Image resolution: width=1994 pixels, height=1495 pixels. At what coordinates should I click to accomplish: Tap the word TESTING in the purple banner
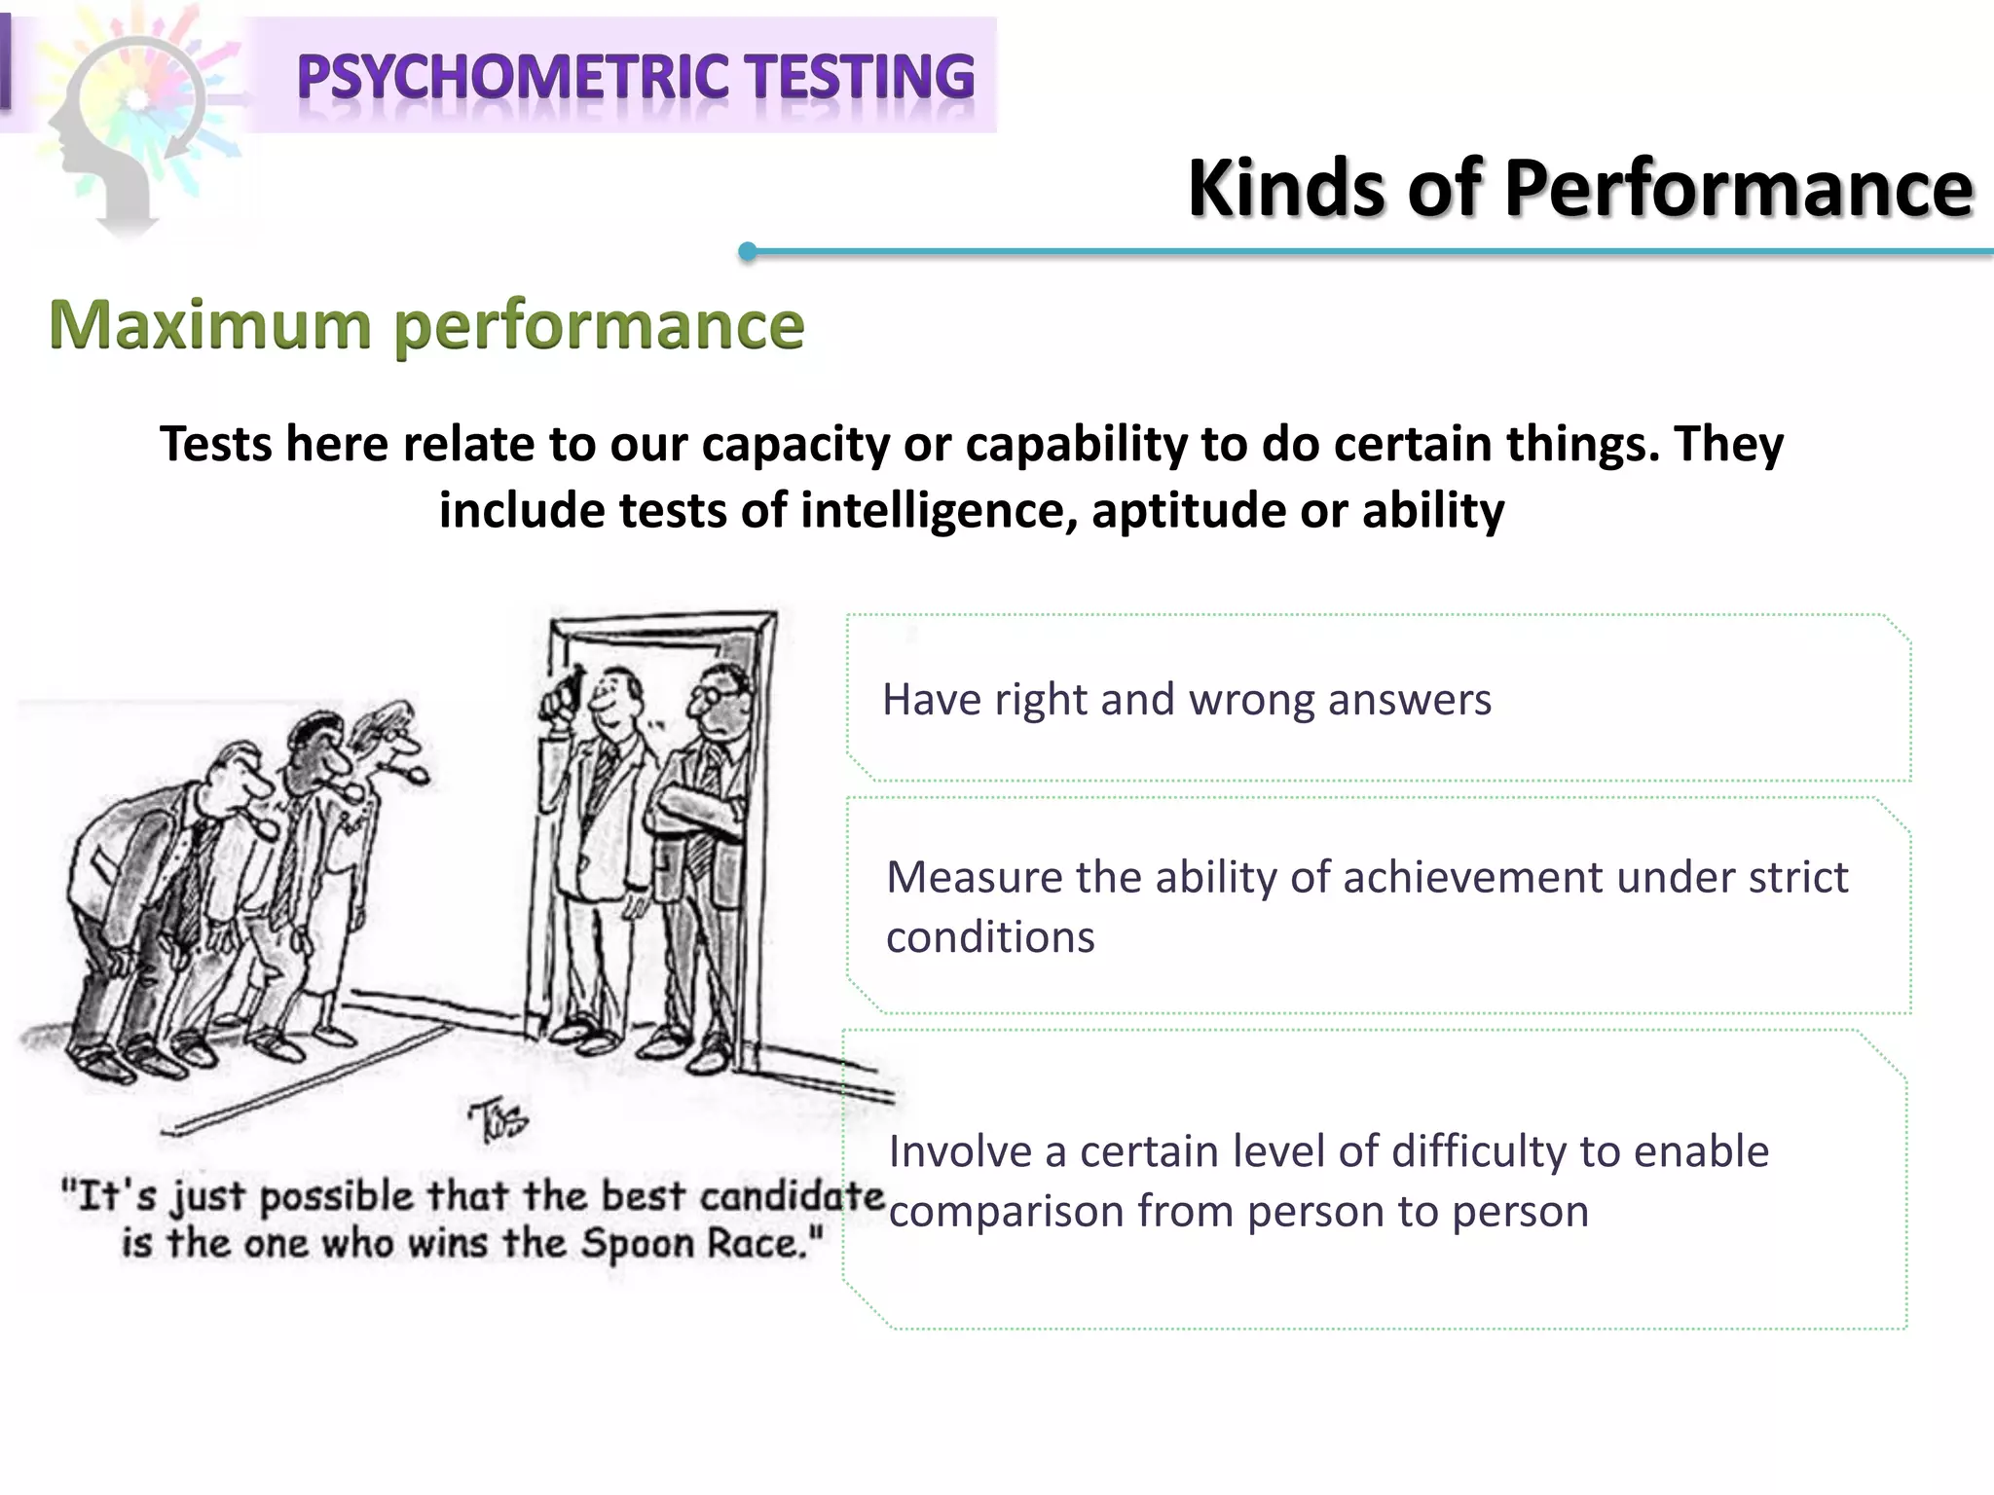861,78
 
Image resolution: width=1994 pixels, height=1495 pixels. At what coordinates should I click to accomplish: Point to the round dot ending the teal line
748,252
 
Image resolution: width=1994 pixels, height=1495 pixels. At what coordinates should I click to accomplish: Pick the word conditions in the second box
990,937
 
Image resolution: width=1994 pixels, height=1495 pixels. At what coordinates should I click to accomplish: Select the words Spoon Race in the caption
701,1244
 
